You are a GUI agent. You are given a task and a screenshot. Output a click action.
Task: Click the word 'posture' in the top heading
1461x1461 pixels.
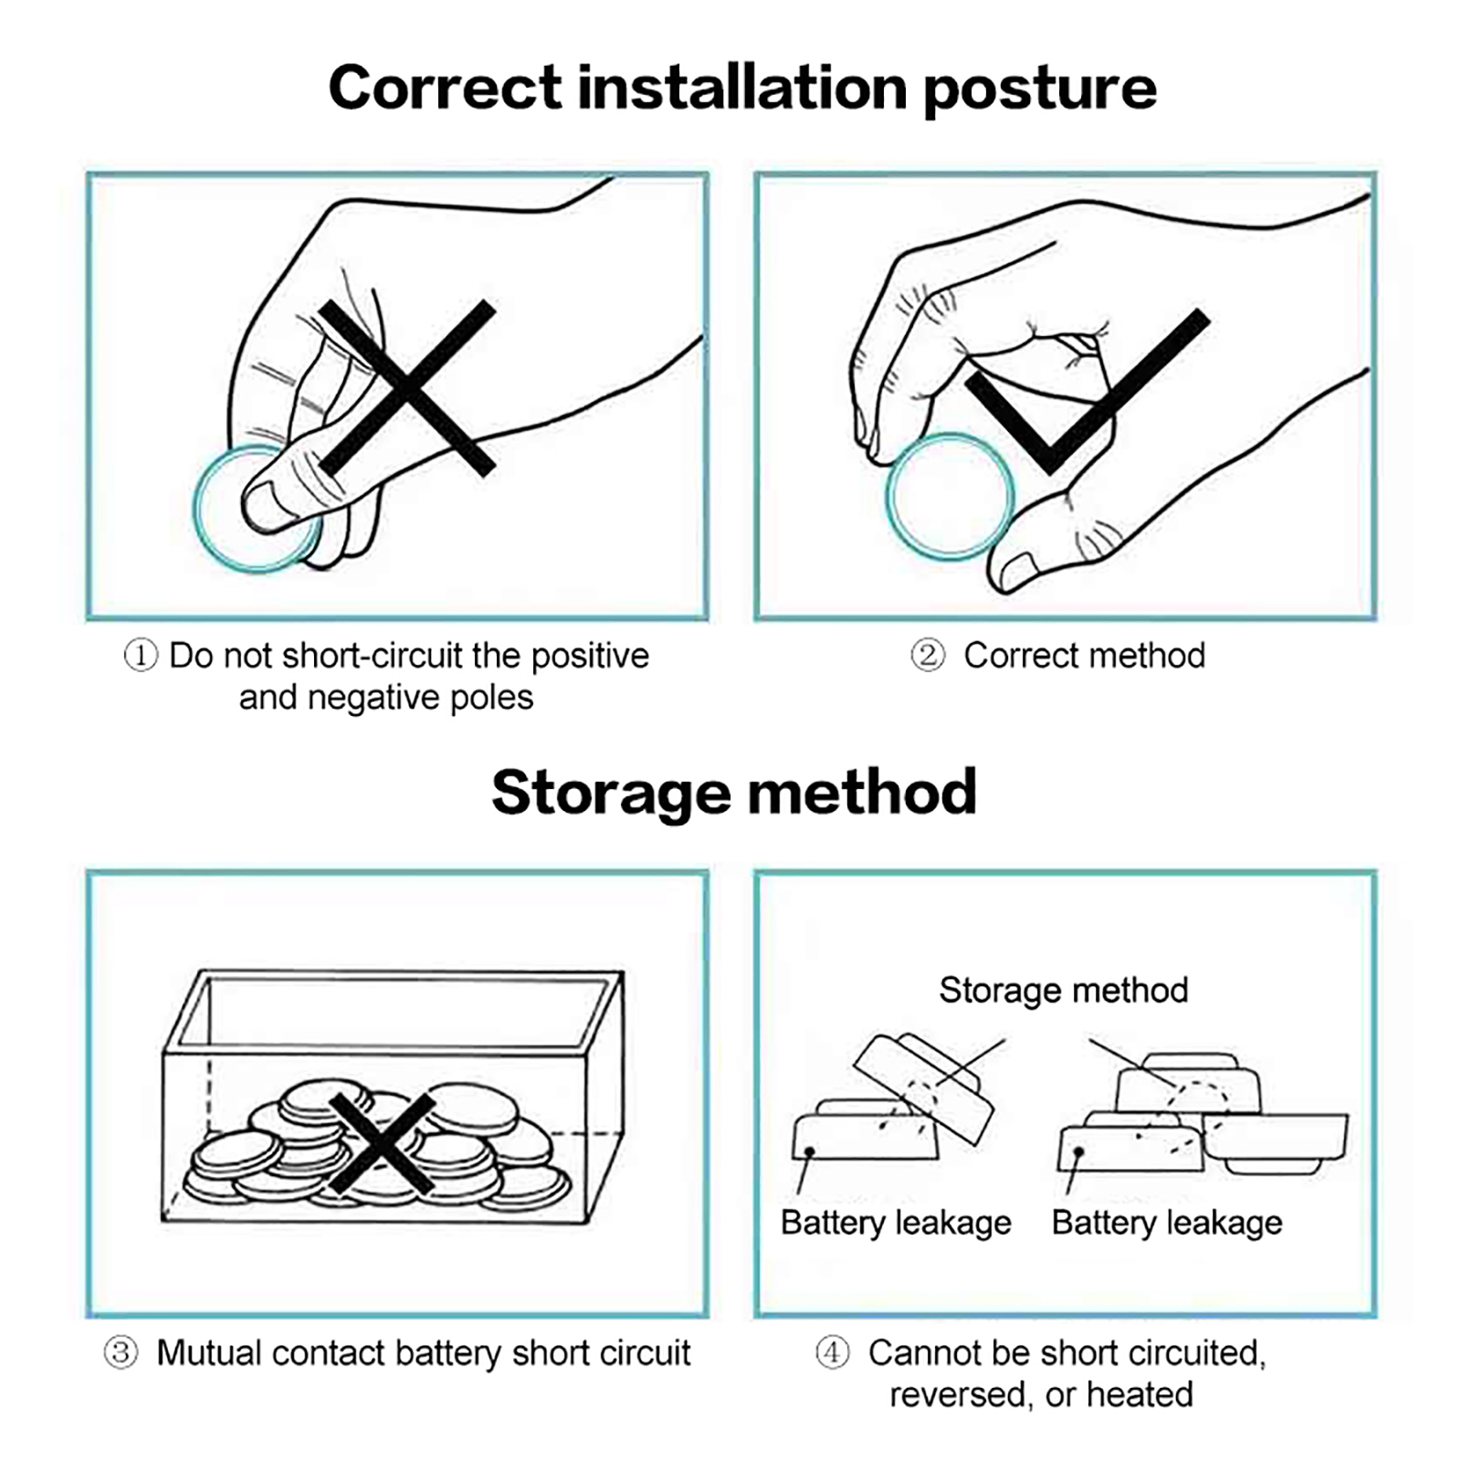1040,89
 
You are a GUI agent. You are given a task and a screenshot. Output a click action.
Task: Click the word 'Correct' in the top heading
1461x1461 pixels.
445,88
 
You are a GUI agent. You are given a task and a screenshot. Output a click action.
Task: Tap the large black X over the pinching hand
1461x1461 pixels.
407,388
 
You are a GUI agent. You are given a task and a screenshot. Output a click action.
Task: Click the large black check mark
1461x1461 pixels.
1087,391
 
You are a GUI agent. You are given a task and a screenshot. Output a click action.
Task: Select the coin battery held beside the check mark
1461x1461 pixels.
951,497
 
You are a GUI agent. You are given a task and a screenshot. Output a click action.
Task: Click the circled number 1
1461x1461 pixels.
141,656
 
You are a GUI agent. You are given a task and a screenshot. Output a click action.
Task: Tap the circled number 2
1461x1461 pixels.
928,656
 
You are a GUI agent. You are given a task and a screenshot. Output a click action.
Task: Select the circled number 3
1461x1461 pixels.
121,1352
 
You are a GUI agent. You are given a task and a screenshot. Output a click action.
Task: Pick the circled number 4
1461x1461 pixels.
832,1352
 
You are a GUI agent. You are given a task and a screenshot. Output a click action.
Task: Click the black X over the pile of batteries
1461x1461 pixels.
382,1143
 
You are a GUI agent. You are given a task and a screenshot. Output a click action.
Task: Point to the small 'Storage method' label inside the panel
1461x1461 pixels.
1064,990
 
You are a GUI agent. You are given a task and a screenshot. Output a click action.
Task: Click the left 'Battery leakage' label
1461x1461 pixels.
896,1223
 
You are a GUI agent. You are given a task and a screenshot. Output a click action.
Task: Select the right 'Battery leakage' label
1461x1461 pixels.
1167,1223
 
